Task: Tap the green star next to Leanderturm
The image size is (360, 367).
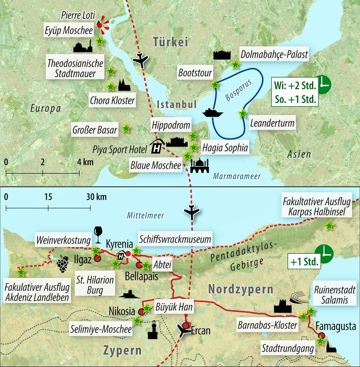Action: [243, 113]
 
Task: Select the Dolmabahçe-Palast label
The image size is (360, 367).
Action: [274, 54]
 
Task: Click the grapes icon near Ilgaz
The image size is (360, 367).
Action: [63, 264]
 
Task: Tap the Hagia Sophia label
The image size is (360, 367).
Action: [225, 147]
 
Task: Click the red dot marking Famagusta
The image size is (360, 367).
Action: [321, 336]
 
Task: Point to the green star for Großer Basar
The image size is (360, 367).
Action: [126, 128]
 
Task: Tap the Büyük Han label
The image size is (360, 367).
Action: [174, 307]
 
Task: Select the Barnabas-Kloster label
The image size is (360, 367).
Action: [267, 325]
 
